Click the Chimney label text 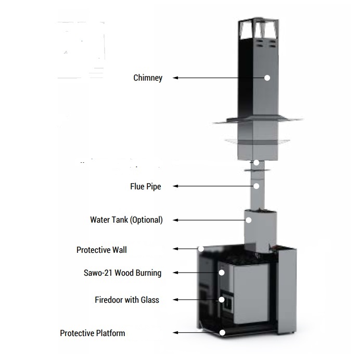148,78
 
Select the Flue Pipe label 145,186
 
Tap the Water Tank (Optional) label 126,220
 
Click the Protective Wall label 101,250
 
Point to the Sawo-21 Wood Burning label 122,273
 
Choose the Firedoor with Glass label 127,300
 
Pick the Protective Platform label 93,333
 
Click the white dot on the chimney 267,78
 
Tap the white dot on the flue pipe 256,186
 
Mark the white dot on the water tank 249,220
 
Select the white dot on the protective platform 223,332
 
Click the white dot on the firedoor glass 222,300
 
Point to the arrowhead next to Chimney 176,78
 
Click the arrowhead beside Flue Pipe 176,186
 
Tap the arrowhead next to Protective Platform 176,332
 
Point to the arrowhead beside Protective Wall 176,249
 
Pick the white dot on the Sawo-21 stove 221,272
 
